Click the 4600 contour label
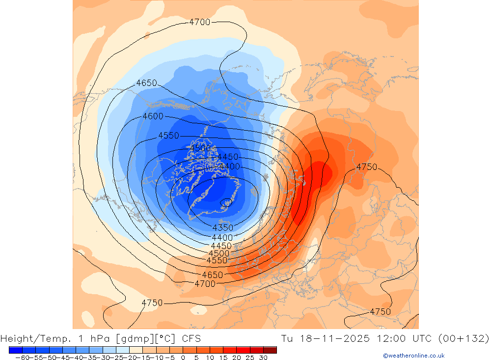click(x=153, y=116)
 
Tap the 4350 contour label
click(x=222, y=228)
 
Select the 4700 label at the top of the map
click(x=199, y=22)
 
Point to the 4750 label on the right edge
click(x=367, y=167)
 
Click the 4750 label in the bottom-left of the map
click(x=152, y=303)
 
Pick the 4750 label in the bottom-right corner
click(x=380, y=312)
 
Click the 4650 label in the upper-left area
click(x=146, y=83)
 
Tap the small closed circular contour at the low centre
click(x=226, y=202)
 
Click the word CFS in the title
click(x=191, y=338)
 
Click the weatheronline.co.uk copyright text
click(x=413, y=356)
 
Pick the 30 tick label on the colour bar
click(x=263, y=358)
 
